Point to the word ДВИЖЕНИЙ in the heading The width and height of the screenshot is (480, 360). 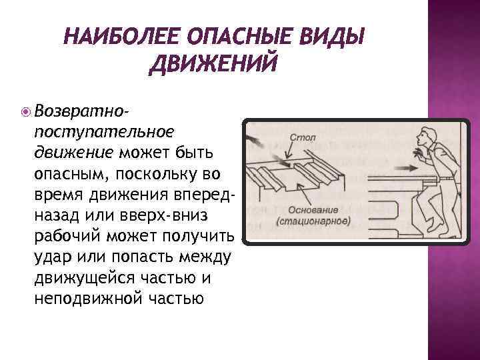point(213,65)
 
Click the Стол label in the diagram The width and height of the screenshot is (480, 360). point(303,137)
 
